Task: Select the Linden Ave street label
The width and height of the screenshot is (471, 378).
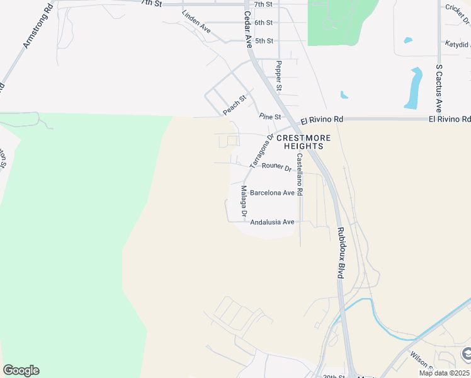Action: (x=196, y=21)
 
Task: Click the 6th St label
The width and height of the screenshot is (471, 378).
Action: (x=264, y=23)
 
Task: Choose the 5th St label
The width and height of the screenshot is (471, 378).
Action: (x=264, y=41)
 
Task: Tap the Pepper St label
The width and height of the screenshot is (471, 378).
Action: (x=278, y=74)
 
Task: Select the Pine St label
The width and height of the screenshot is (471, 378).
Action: (x=270, y=117)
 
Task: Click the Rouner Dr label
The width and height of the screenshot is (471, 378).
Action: (x=276, y=168)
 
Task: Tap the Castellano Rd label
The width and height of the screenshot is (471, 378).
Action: (x=300, y=175)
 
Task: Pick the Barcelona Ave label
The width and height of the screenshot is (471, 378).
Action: (x=272, y=193)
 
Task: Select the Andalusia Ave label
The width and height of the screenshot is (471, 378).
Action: (x=272, y=222)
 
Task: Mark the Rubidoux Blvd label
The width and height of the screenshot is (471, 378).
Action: (x=340, y=253)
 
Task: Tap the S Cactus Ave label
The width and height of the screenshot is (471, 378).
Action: (x=439, y=88)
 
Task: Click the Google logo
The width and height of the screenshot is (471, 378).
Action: (x=21, y=370)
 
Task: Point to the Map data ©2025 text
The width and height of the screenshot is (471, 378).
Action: (x=445, y=373)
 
